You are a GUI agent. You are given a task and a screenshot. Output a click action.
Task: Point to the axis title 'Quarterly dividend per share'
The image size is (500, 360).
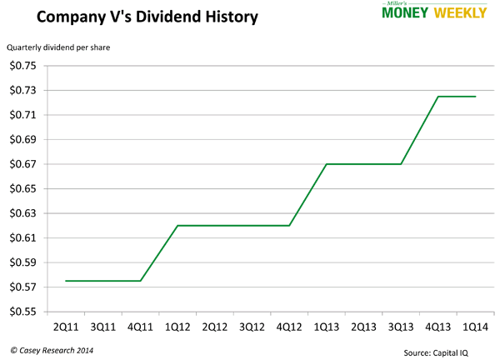click(x=58, y=47)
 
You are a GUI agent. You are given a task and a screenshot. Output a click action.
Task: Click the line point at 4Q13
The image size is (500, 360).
click(x=438, y=97)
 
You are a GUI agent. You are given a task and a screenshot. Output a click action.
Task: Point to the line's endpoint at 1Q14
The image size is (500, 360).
click(x=476, y=97)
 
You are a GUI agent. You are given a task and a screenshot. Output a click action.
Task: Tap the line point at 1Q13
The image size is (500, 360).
click(x=327, y=164)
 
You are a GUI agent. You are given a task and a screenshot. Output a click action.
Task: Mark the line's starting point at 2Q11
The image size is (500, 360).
click(x=66, y=281)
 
